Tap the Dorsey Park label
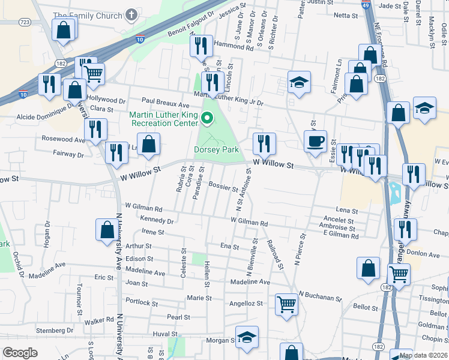click(x=216, y=150)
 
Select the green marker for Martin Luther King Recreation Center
click(x=208, y=118)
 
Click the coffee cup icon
click(x=315, y=142)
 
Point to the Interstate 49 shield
click(x=366, y=5)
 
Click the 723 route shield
click(x=25, y=22)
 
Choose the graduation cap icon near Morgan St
click(x=246, y=338)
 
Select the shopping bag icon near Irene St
click(x=107, y=230)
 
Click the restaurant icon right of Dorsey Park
click(x=264, y=143)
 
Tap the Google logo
click(x=20, y=353)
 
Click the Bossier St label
click(x=223, y=187)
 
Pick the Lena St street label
click(x=346, y=211)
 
